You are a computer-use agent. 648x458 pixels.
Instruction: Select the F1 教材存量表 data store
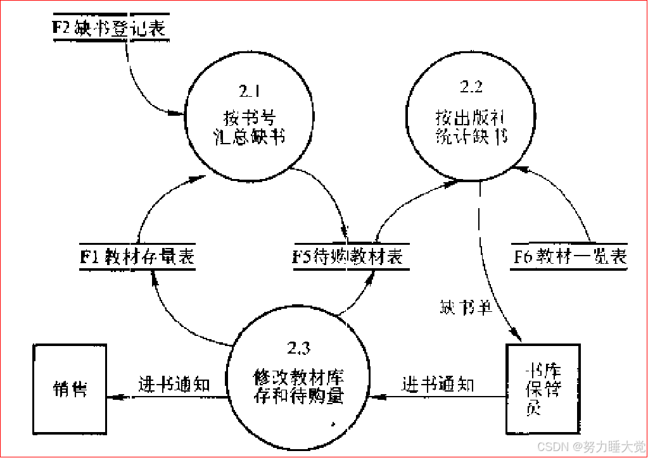point(136,257)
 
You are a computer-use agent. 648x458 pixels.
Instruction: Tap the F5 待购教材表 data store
point(348,257)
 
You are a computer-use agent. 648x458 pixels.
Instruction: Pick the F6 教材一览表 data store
point(568,257)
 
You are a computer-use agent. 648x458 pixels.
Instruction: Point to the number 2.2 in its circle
point(471,86)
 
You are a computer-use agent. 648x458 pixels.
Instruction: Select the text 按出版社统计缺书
point(472,127)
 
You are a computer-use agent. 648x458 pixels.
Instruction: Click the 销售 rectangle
point(69,388)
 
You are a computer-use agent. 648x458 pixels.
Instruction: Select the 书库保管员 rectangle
point(543,388)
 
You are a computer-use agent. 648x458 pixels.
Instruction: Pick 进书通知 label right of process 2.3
point(438,384)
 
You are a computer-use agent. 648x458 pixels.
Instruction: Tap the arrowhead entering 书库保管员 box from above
point(517,338)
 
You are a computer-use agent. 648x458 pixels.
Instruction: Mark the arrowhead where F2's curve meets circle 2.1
point(179,114)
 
